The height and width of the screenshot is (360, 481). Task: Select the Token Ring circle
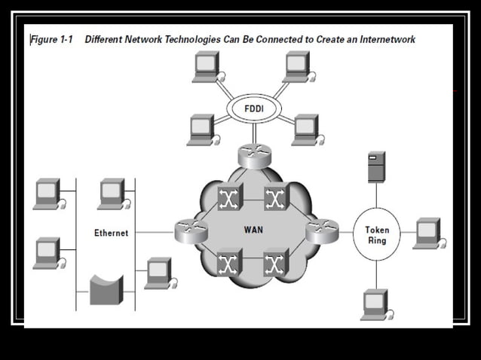pyautogui.click(x=377, y=234)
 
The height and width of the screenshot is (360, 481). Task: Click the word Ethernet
pyautogui.click(x=111, y=233)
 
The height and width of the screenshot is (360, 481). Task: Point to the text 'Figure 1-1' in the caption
pyautogui.click(x=51, y=38)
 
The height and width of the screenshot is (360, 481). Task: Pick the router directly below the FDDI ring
pyautogui.click(x=253, y=156)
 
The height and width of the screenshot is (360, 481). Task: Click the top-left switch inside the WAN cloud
pyautogui.click(x=228, y=197)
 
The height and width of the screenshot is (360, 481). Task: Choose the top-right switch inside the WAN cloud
pyautogui.click(x=276, y=197)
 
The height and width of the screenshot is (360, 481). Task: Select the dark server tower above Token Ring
pyautogui.click(x=375, y=167)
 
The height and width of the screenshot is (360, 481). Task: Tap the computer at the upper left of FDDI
pyautogui.click(x=207, y=66)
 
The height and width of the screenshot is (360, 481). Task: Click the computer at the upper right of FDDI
pyautogui.click(x=296, y=66)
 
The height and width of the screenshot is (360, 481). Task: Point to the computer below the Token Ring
pyautogui.click(x=375, y=304)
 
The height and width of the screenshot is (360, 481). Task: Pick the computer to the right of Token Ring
pyautogui.click(x=428, y=233)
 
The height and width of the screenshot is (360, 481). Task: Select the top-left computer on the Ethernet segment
pyautogui.click(x=47, y=194)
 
